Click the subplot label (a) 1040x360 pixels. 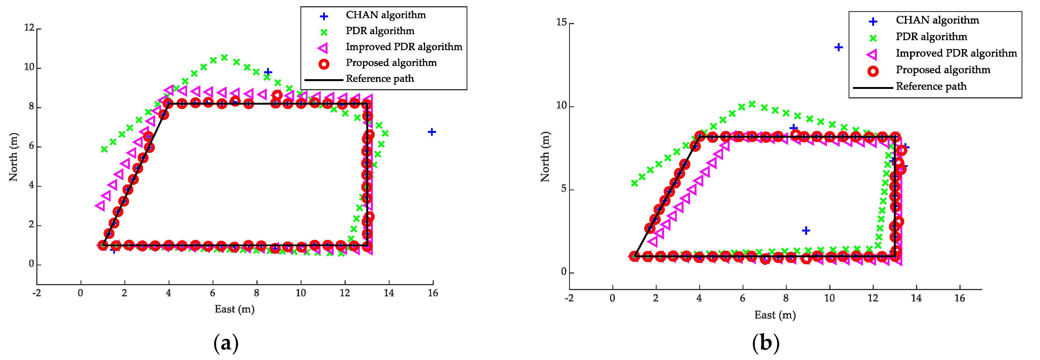pos(226,343)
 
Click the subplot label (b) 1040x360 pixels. pos(765,343)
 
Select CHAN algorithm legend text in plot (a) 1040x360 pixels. pos(386,15)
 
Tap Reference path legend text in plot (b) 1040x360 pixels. pos(931,86)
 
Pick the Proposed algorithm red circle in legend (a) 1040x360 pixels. pos(324,64)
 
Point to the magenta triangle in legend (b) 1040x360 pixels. pos(872,54)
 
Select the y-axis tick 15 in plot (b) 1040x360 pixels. pos(561,22)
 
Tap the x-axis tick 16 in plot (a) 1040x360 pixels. pos(433,293)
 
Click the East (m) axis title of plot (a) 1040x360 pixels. pos(235,309)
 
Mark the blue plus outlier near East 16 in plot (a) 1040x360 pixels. pos(432,132)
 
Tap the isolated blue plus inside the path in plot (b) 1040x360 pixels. pos(806,230)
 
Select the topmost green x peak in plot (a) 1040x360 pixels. pos(224,57)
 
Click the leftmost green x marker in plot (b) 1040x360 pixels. pos(634,183)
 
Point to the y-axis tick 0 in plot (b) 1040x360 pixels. pos(564,272)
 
